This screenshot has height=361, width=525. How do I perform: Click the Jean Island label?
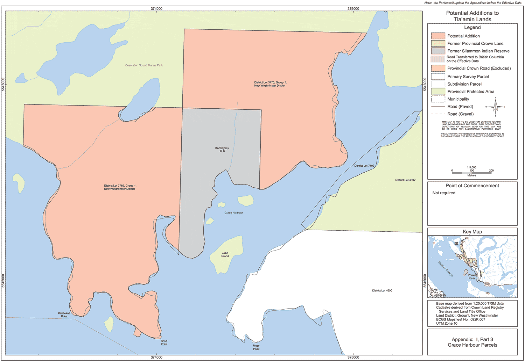click(x=225, y=255)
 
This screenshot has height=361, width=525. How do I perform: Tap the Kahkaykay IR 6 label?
click(x=222, y=150)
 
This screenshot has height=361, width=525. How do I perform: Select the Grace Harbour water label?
click(x=233, y=213)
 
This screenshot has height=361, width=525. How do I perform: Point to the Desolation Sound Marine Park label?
click(x=144, y=65)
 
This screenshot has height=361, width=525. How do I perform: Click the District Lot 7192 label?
click(x=364, y=166)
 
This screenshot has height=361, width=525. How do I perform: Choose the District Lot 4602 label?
click(x=405, y=180)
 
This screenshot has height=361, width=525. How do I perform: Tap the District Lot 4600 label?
click(x=382, y=290)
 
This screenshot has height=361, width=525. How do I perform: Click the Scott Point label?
click(x=164, y=343)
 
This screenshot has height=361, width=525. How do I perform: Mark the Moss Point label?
click(x=256, y=347)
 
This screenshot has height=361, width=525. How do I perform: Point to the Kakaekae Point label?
click(x=64, y=315)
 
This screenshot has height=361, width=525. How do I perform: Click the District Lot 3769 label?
click(x=120, y=187)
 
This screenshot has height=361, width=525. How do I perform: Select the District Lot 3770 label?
click(x=270, y=84)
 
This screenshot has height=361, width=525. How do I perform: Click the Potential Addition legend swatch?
click(x=438, y=36)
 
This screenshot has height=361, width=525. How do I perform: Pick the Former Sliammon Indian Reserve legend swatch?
click(x=438, y=51)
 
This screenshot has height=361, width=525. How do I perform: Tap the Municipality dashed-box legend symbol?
click(x=438, y=99)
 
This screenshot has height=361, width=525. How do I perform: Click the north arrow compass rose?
click(x=495, y=107)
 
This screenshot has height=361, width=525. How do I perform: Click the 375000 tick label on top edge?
click(x=353, y=8)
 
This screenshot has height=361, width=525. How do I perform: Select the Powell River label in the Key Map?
click(x=472, y=277)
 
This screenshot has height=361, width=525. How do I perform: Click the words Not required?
click(x=444, y=193)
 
